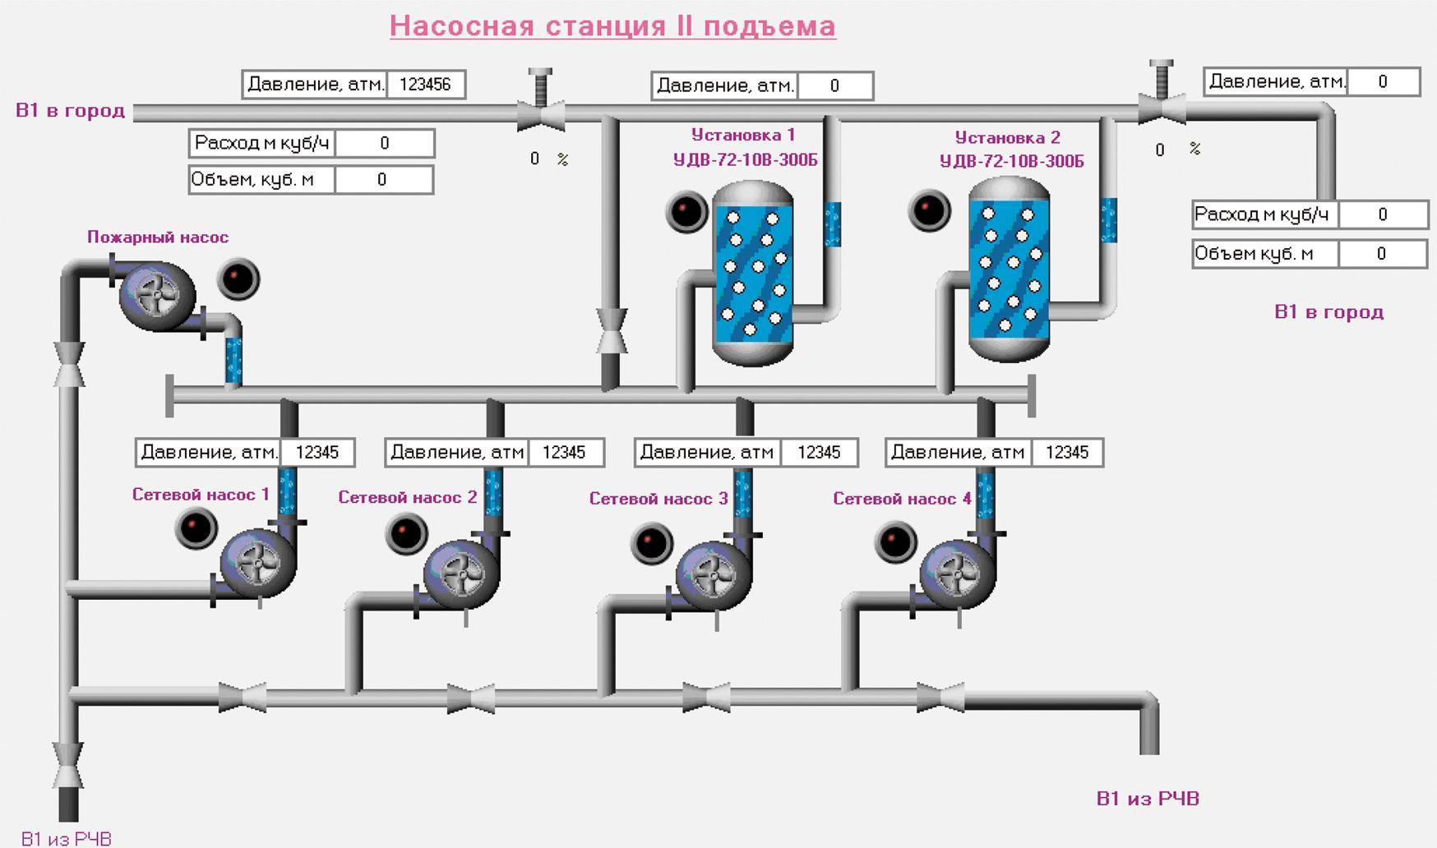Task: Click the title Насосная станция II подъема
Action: pos(612,25)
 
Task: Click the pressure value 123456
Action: pos(425,85)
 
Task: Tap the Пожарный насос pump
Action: pos(158,297)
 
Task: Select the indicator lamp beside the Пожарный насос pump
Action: pos(238,279)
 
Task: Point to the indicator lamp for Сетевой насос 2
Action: pos(406,533)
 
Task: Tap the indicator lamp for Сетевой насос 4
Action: pos(895,542)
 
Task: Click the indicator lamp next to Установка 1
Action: pos(686,211)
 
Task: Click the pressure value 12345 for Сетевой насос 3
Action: pos(818,453)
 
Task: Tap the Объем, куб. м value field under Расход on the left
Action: pos(383,180)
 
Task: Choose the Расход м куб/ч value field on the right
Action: pos(1383,214)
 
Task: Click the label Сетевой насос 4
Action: pos(902,499)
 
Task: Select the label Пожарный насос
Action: pos(158,237)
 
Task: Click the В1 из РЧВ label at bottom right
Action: pos(1148,799)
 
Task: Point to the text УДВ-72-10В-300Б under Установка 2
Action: pos(1011,161)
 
